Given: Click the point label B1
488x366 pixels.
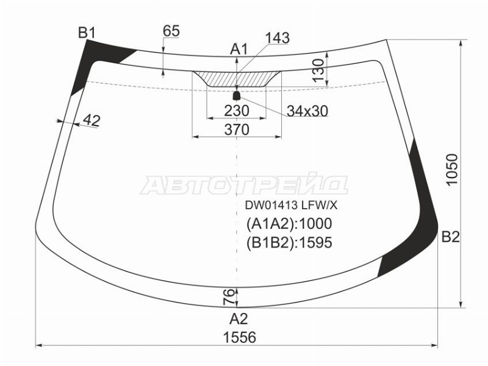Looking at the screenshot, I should [86, 32].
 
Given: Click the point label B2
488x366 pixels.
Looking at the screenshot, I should [450, 237].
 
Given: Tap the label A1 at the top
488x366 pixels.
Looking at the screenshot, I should [238, 49].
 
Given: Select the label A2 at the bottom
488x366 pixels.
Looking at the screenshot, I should [239, 318].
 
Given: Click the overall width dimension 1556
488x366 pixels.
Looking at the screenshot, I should [239, 337].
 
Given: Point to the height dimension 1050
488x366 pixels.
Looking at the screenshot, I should [451, 170].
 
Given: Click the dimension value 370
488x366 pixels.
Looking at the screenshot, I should [237, 129].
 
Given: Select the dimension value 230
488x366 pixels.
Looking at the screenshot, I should [237, 110].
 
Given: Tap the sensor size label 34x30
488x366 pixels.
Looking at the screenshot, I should [307, 110].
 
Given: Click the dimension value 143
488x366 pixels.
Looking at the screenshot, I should [277, 38].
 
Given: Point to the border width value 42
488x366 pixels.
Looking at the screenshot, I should [91, 120].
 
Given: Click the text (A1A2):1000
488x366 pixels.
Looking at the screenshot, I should [289, 223].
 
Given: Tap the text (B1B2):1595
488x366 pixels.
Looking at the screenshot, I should [289, 243].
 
